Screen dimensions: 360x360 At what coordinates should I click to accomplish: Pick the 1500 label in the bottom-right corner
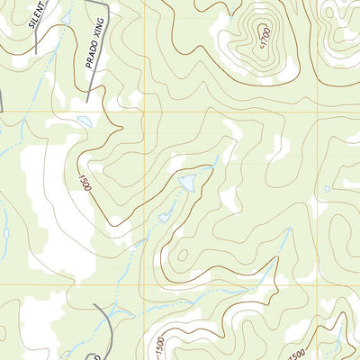click(x=298, y=351)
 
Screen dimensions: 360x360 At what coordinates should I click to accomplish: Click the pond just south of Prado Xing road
click(x=83, y=121)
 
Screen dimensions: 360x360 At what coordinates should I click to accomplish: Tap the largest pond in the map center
click(x=187, y=183)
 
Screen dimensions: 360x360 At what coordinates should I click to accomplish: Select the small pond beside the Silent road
click(x=66, y=17)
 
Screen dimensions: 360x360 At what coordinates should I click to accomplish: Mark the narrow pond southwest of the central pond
click(x=164, y=217)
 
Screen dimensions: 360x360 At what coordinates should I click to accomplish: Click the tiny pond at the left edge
click(x=5, y=232)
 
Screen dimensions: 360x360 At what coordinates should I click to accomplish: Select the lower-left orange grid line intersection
click(x=143, y=285)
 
